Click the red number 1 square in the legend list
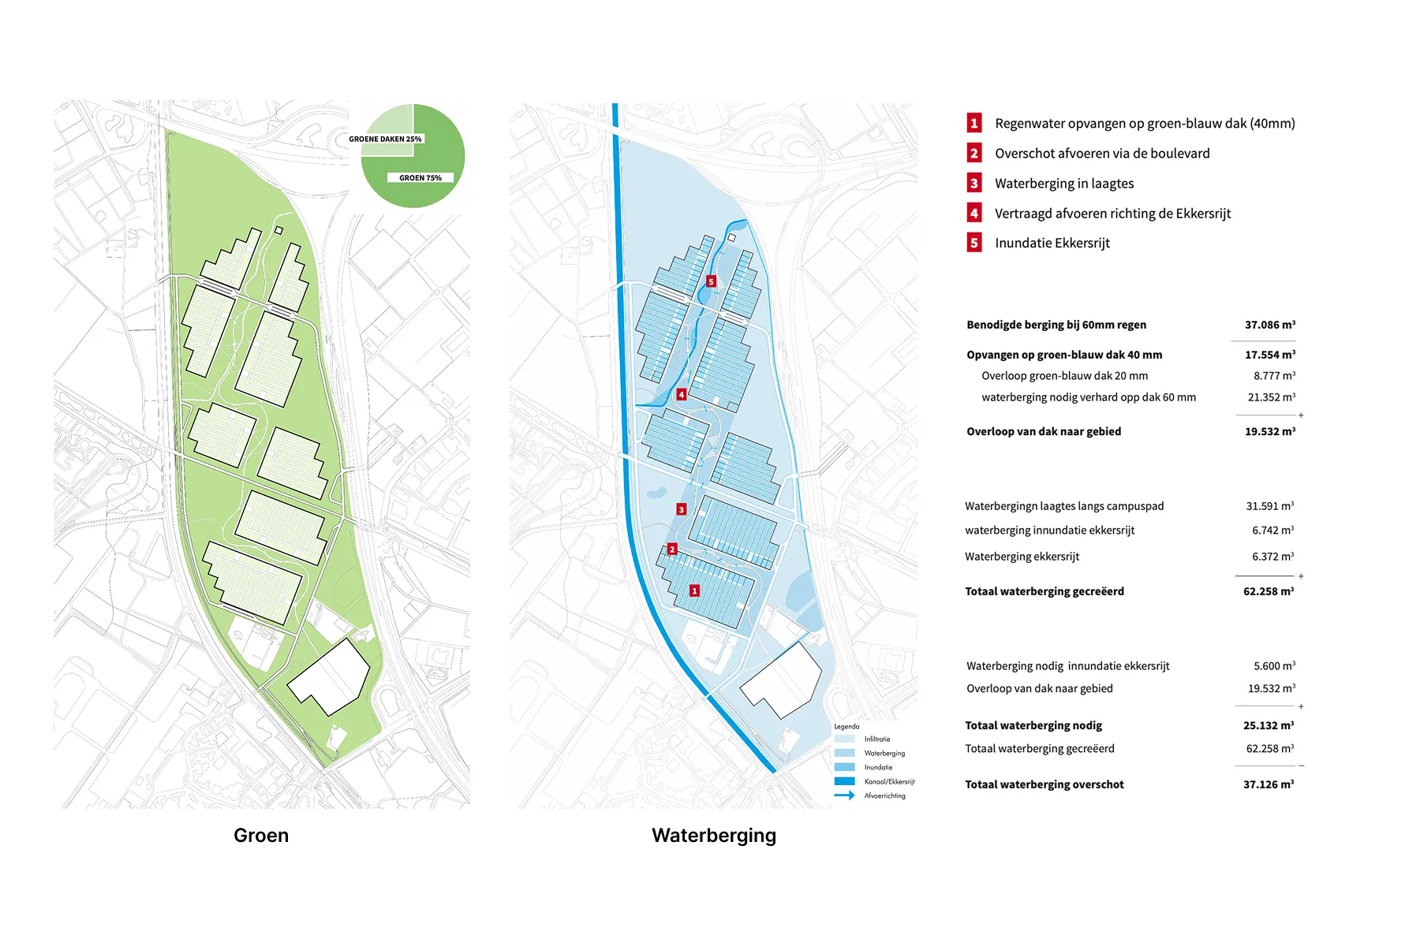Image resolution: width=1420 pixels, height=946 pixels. click(974, 123)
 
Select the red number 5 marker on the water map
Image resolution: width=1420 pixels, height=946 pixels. click(711, 281)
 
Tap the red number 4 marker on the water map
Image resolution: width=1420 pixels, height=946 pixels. click(682, 394)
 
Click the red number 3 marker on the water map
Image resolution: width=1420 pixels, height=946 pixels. click(682, 509)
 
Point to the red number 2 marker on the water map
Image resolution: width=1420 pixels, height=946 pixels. click(672, 549)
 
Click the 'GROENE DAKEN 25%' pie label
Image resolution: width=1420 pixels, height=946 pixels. click(385, 139)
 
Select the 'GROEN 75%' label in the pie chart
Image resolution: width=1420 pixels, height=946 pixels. click(420, 178)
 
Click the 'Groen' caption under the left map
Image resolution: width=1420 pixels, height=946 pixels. click(261, 836)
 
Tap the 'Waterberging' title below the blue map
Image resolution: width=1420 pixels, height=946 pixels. click(714, 836)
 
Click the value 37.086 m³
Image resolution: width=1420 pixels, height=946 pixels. click(1269, 325)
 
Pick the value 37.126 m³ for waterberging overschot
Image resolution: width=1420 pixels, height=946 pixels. click(1268, 784)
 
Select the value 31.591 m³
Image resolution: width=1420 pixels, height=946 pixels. click(1269, 506)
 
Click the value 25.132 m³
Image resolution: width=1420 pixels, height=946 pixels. click(1268, 725)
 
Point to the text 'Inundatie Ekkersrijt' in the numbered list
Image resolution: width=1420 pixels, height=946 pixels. click(1052, 243)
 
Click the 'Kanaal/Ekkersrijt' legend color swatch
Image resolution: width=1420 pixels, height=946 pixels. click(844, 781)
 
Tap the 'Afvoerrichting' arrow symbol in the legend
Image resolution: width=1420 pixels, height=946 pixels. click(844, 795)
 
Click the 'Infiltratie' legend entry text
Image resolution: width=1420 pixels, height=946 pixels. click(876, 739)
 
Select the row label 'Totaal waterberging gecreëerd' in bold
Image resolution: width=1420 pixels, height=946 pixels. click(1044, 591)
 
